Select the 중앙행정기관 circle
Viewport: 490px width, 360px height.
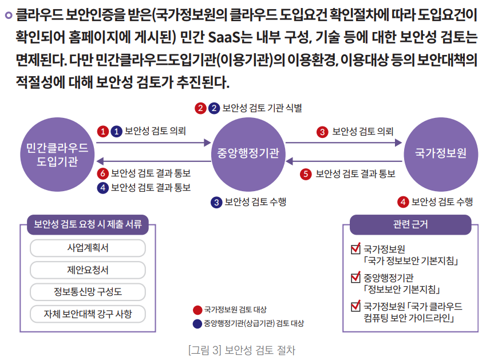247,153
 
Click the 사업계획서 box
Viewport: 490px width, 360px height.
88,248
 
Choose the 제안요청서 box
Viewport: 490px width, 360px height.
88,270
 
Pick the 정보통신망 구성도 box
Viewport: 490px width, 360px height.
88,292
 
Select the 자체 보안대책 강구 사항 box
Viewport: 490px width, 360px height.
88,314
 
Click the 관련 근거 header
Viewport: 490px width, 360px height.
410,225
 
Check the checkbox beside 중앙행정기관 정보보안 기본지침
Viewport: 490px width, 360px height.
355,278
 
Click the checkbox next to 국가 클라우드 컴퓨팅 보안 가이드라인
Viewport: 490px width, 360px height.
355,306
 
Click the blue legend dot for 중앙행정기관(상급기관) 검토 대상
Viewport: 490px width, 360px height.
197,323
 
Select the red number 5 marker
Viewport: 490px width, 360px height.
306,173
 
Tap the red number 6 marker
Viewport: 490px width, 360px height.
103,173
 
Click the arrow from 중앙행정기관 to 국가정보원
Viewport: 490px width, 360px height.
343,143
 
